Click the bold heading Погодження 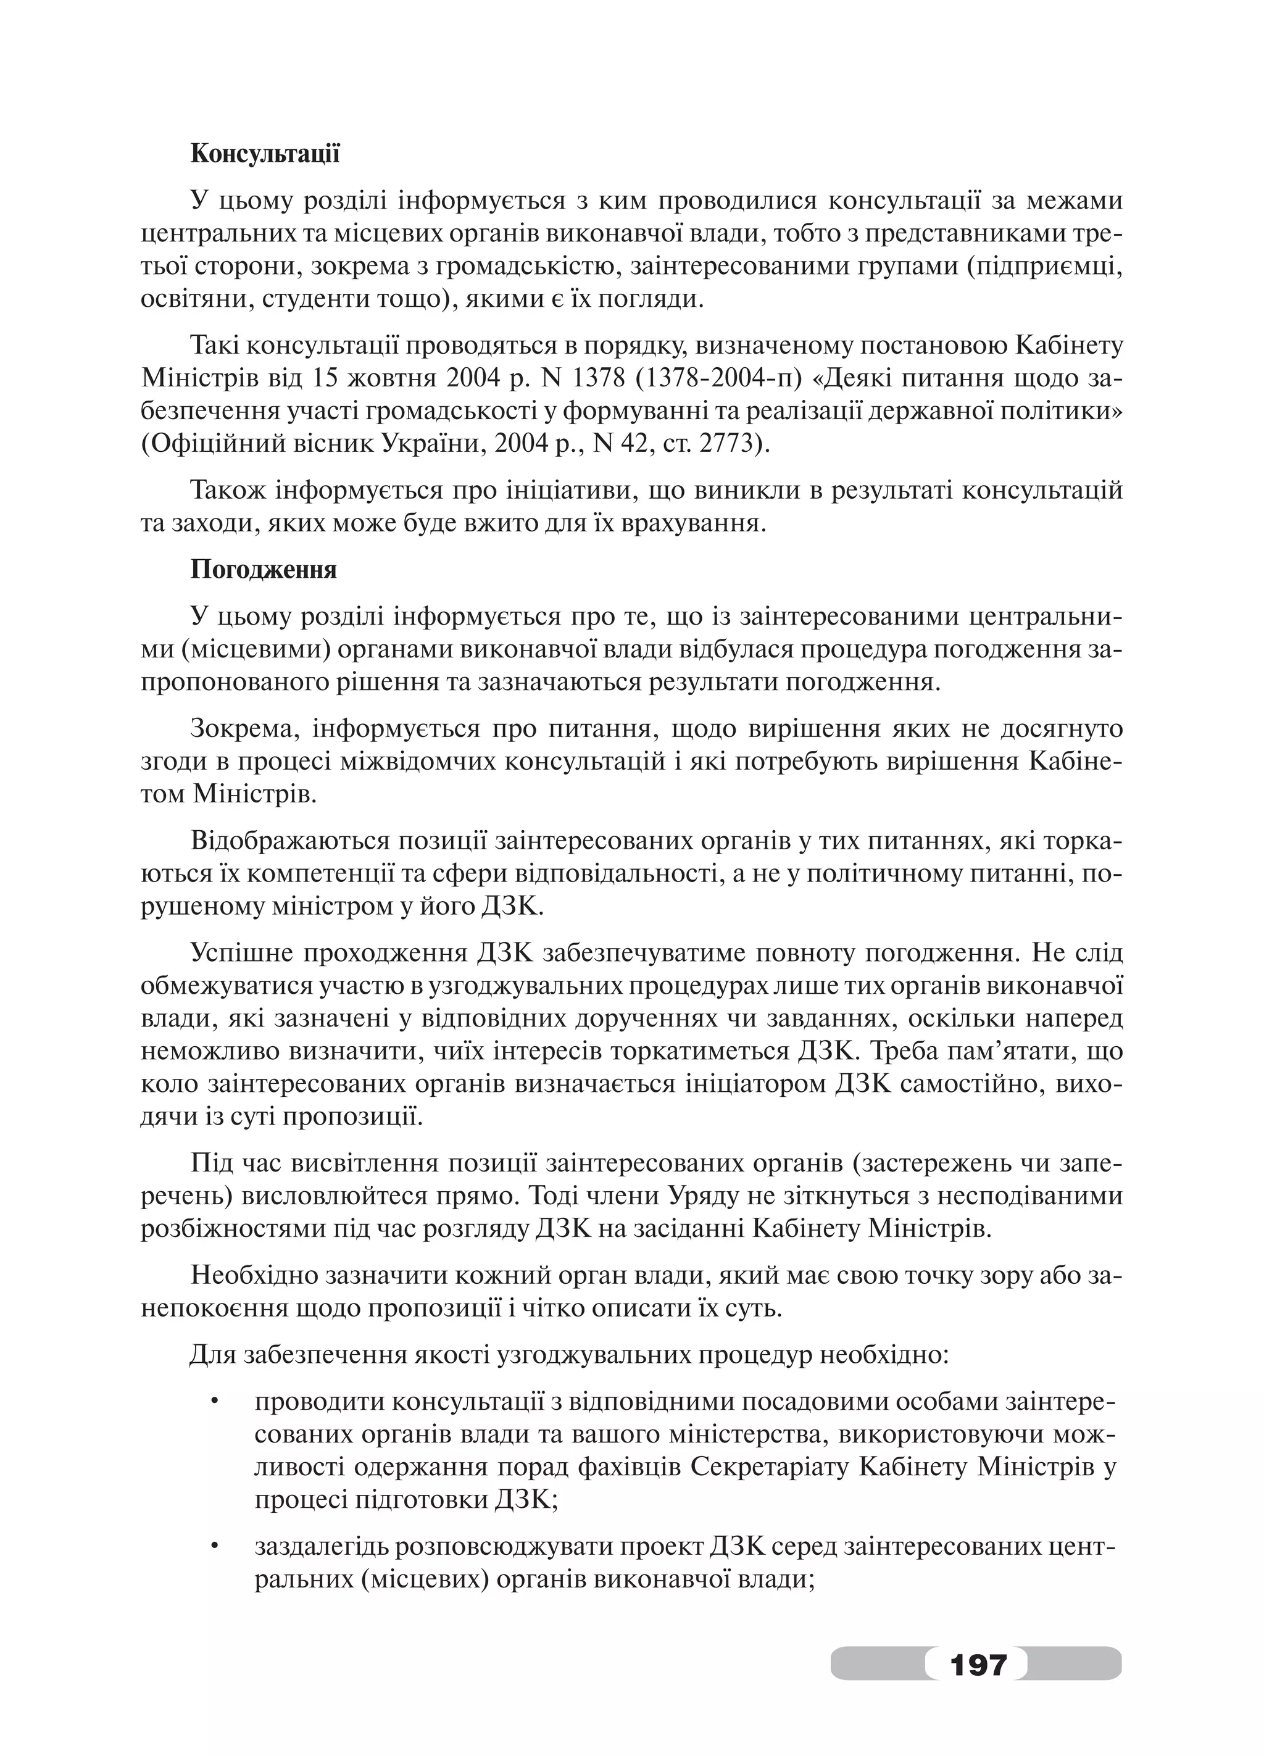tap(263, 570)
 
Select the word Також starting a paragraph tap(228, 490)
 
